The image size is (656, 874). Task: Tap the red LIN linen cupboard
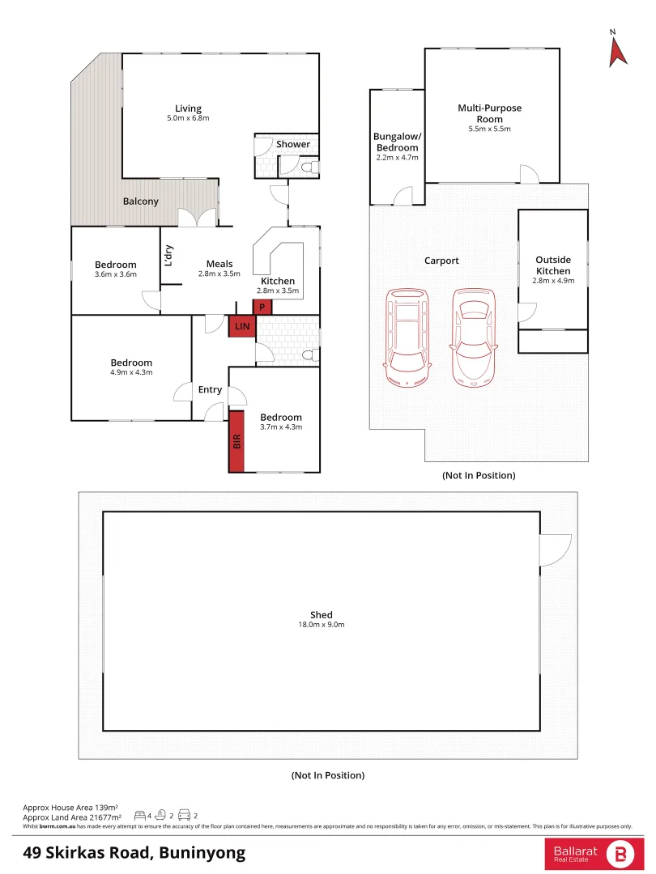(x=242, y=326)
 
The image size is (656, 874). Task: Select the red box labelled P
(x=262, y=307)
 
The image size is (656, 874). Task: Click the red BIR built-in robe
(x=236, y=441)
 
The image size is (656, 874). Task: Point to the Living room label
(x=188, y=108)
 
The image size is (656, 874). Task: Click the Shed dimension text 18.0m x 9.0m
(x=322, y=625)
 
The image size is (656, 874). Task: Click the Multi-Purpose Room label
(x=490, y=113)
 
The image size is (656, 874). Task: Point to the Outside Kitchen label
(x=553, y=265)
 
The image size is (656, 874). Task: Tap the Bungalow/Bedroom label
(x=397, y=142)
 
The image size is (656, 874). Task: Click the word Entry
(x=210, y=389)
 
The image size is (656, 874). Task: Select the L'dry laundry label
(x=168, y=255)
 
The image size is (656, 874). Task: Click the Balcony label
(x=141, y=201)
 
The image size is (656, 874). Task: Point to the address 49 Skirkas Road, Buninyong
(x=134, y=852)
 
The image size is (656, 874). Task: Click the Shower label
(x=293, y=144)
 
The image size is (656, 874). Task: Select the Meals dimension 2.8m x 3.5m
(x=219, y=274)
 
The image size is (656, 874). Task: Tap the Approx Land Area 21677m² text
(x=73, y=817)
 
